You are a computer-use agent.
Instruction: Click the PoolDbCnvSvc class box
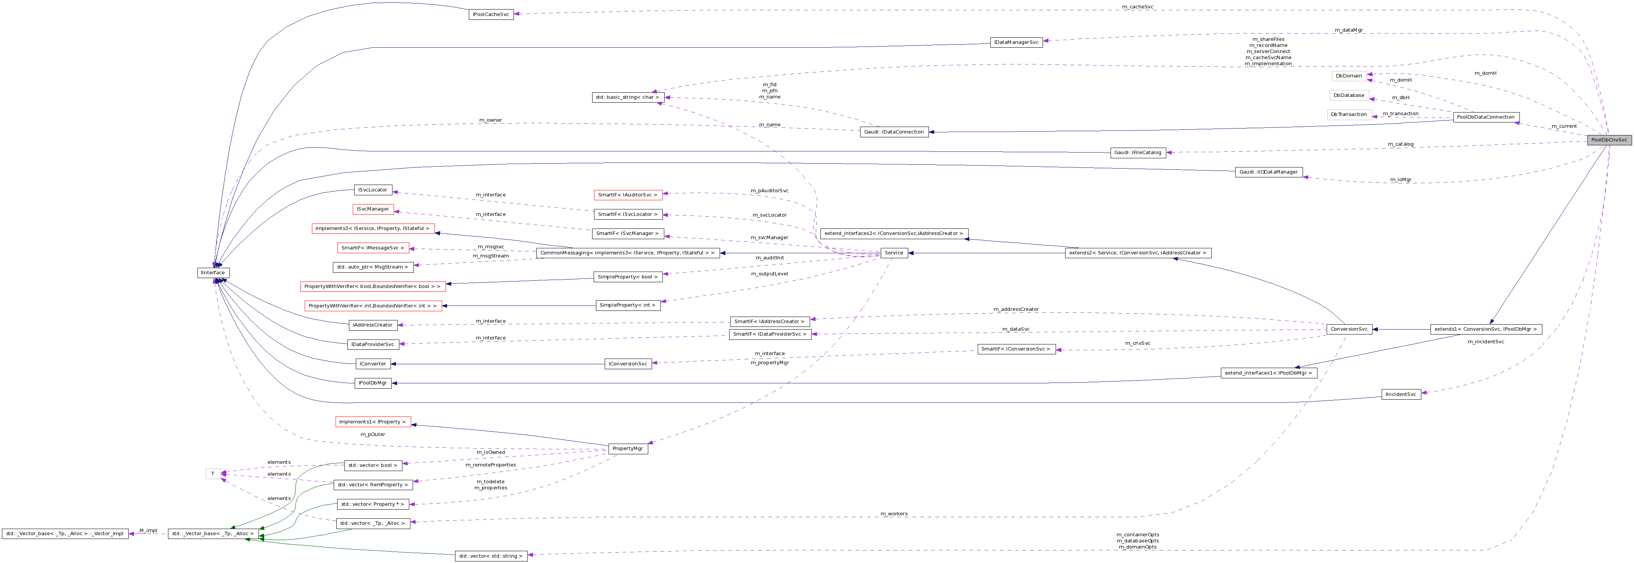(x=1609, y=140)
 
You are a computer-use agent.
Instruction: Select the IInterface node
(x=213, y=273)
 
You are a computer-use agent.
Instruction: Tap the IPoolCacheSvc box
(x=491, y=14)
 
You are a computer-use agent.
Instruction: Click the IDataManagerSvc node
(x=1016, y=42)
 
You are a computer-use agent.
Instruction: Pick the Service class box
(x=894, y=253)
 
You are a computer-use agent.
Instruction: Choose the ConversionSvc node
(x=1348, y=329)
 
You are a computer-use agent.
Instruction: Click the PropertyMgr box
(x=627, y=448)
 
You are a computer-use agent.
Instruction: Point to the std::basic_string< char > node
(x=627, y=97)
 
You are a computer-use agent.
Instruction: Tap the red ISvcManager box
(x=373, y=209)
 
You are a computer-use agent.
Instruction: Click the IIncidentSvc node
(x=1401, y=394)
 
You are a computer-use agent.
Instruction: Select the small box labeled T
(x=213, y=474)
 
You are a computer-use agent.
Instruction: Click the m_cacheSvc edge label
(x=1137, y=7)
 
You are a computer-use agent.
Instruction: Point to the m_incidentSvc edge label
(x=1485, y=342)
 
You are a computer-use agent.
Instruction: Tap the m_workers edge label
(x=894, y=513)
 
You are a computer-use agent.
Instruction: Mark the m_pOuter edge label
(x=373, y=434)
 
